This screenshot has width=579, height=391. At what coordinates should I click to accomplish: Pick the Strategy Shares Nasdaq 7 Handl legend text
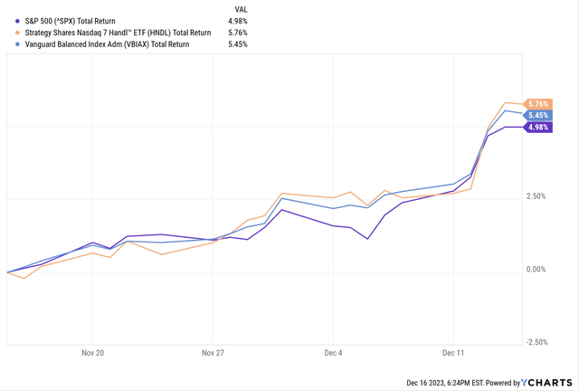point(112,33)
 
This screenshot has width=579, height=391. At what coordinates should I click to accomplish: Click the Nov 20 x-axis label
point(94,354)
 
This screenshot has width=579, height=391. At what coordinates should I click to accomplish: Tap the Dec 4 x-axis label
point(333,354)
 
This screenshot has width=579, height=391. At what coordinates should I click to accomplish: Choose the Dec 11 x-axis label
point(454,354)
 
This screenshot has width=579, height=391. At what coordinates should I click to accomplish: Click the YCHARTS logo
point(548,382)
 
